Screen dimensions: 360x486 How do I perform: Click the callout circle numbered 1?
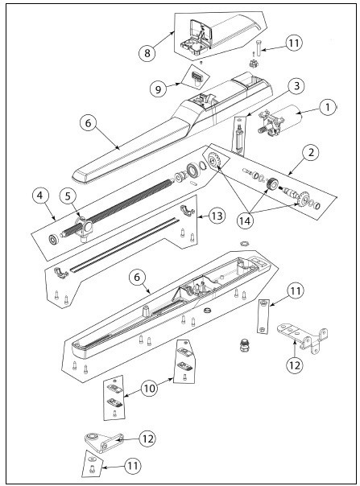tap(327, 108)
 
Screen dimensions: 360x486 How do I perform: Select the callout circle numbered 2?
tap(311, 153)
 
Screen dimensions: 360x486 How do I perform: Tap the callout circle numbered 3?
tap(296, 86)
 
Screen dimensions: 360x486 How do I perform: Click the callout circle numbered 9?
tap(159, 89)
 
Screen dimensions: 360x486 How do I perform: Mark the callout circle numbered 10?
tap(149, 388)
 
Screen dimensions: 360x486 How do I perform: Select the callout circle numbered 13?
tap(217, 216)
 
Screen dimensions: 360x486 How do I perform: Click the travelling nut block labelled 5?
tap(83, 229)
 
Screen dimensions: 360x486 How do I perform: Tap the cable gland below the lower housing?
tap(245, 346)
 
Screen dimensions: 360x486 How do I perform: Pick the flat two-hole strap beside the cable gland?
tap(263, 316)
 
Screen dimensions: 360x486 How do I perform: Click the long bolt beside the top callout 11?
tap(260, 48)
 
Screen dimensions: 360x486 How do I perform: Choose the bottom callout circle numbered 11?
tap(133, 465)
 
